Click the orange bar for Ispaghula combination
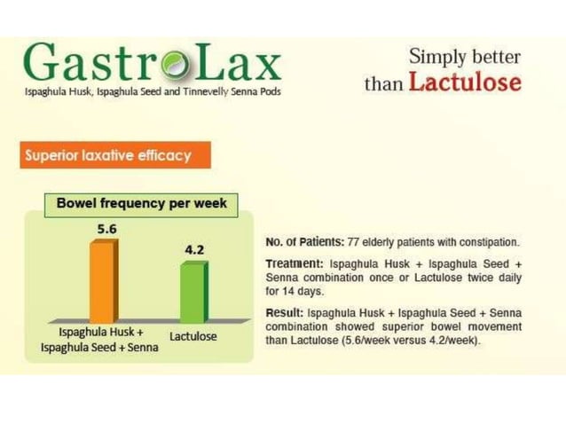pyautogui.click(x=101, y=281)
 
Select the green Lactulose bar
pyautogui.click(x=193, y=293)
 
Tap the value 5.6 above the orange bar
pyautogui.click(x=106, y=229)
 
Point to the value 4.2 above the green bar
pyautogui.click(x=193, y=250)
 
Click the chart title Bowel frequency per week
pyautogui.click(x=141, y=203)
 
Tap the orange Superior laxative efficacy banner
pyautogui.click(x=108, y=156)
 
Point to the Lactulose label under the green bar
pyautogui.click(x=193, y=337)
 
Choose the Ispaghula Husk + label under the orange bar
pyautogui.click(x=100, y=332)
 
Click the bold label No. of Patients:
pyautogui.click(x=297, y=242)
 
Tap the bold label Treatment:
pyautogui.click(x=295, y=264)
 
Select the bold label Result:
pyautogui.click(x=285, y=313)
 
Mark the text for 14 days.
pyautogui.click(x=294, y=291)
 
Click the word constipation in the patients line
pyautogui.click(x=491, y=242)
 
